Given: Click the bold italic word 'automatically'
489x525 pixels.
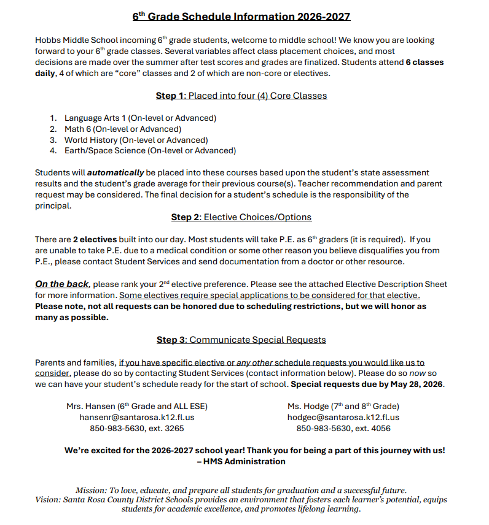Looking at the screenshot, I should pyautogui.click(x=115, y=173).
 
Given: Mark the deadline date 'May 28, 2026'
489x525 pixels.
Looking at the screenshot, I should pyautogui.click(x=414, y=385).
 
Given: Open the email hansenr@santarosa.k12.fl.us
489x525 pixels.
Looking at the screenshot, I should pyautogui.click(x=137, y=417).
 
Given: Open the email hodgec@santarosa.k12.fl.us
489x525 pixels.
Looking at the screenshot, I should pyautogui.click(x=343, y=417).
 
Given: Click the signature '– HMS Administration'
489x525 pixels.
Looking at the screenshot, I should pyautogui.click(x=241, y=461).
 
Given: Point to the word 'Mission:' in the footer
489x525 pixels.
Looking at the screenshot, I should pyautogui.click(x=90, y=490).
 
